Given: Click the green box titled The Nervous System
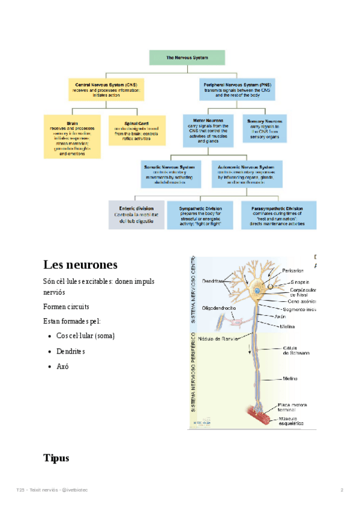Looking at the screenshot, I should click(187, 58).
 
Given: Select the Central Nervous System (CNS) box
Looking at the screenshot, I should click(105, 90).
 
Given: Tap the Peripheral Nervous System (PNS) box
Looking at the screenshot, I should click(235, 90).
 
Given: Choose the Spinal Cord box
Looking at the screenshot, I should click(137, 130).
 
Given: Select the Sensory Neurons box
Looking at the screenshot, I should click(265, 128).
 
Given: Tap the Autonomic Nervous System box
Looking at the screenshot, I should click(247, 173).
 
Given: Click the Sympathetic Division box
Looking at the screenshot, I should click(200, 215).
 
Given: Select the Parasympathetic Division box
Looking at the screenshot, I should click(278, 215).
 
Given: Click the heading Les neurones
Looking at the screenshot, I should click(80, 265).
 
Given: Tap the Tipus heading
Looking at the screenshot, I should click(56, 458).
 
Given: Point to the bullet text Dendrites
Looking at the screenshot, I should click(70, 351).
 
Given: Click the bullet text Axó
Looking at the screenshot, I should click(62, 366).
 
